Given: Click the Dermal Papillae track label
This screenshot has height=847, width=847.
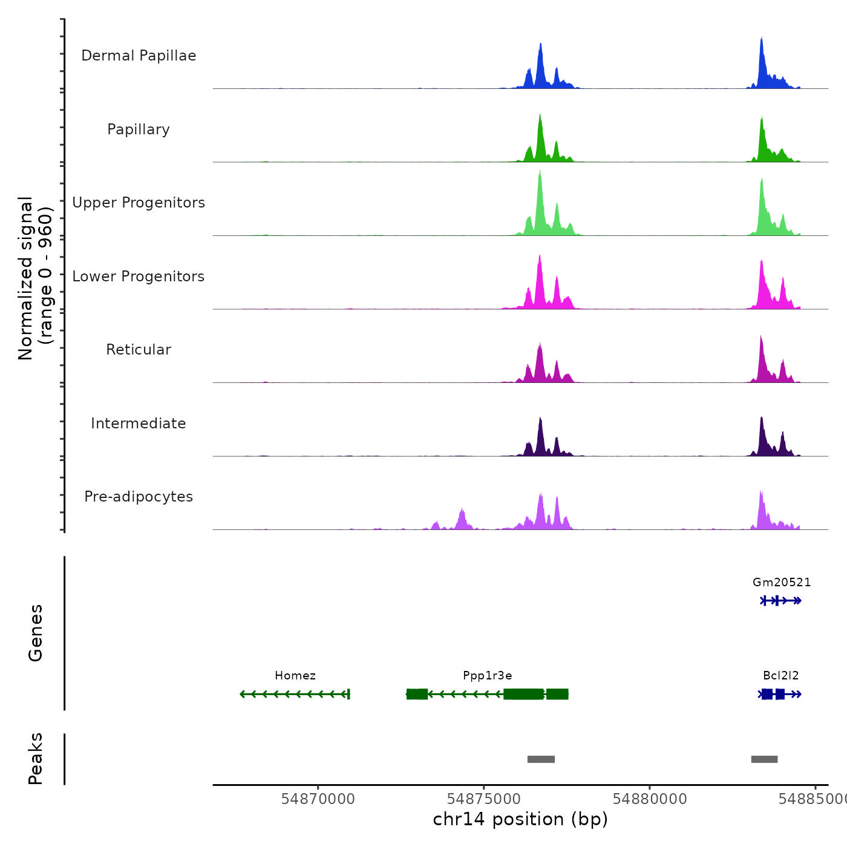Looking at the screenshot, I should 139,56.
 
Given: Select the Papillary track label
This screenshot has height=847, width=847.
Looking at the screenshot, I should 139,129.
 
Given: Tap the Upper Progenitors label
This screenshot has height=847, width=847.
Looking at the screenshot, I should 139,203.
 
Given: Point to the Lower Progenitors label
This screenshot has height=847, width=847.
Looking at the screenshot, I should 139,276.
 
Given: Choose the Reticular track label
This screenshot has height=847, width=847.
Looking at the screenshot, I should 139,350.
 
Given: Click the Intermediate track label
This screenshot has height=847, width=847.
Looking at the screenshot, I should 139,423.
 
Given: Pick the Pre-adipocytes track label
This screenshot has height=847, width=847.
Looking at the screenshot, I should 139,497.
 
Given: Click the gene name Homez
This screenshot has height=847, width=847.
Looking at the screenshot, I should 295,676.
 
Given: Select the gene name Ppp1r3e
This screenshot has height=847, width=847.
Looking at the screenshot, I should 488,676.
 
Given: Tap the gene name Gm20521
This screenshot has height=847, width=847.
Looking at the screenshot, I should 782,583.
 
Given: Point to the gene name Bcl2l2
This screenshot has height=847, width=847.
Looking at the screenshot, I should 781,676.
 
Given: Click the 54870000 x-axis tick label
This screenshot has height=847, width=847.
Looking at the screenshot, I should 318,799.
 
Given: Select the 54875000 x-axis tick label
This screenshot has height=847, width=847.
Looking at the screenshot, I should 484,799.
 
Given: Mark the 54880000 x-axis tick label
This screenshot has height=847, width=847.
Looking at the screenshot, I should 650,799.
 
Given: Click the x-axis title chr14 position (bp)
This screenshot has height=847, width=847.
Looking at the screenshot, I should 520,819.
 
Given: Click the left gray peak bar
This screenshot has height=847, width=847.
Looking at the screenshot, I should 541,759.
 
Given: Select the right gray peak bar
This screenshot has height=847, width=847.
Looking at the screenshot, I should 764,759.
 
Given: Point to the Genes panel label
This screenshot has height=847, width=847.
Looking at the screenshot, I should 36,633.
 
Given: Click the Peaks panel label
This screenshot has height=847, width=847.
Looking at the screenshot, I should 36,759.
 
